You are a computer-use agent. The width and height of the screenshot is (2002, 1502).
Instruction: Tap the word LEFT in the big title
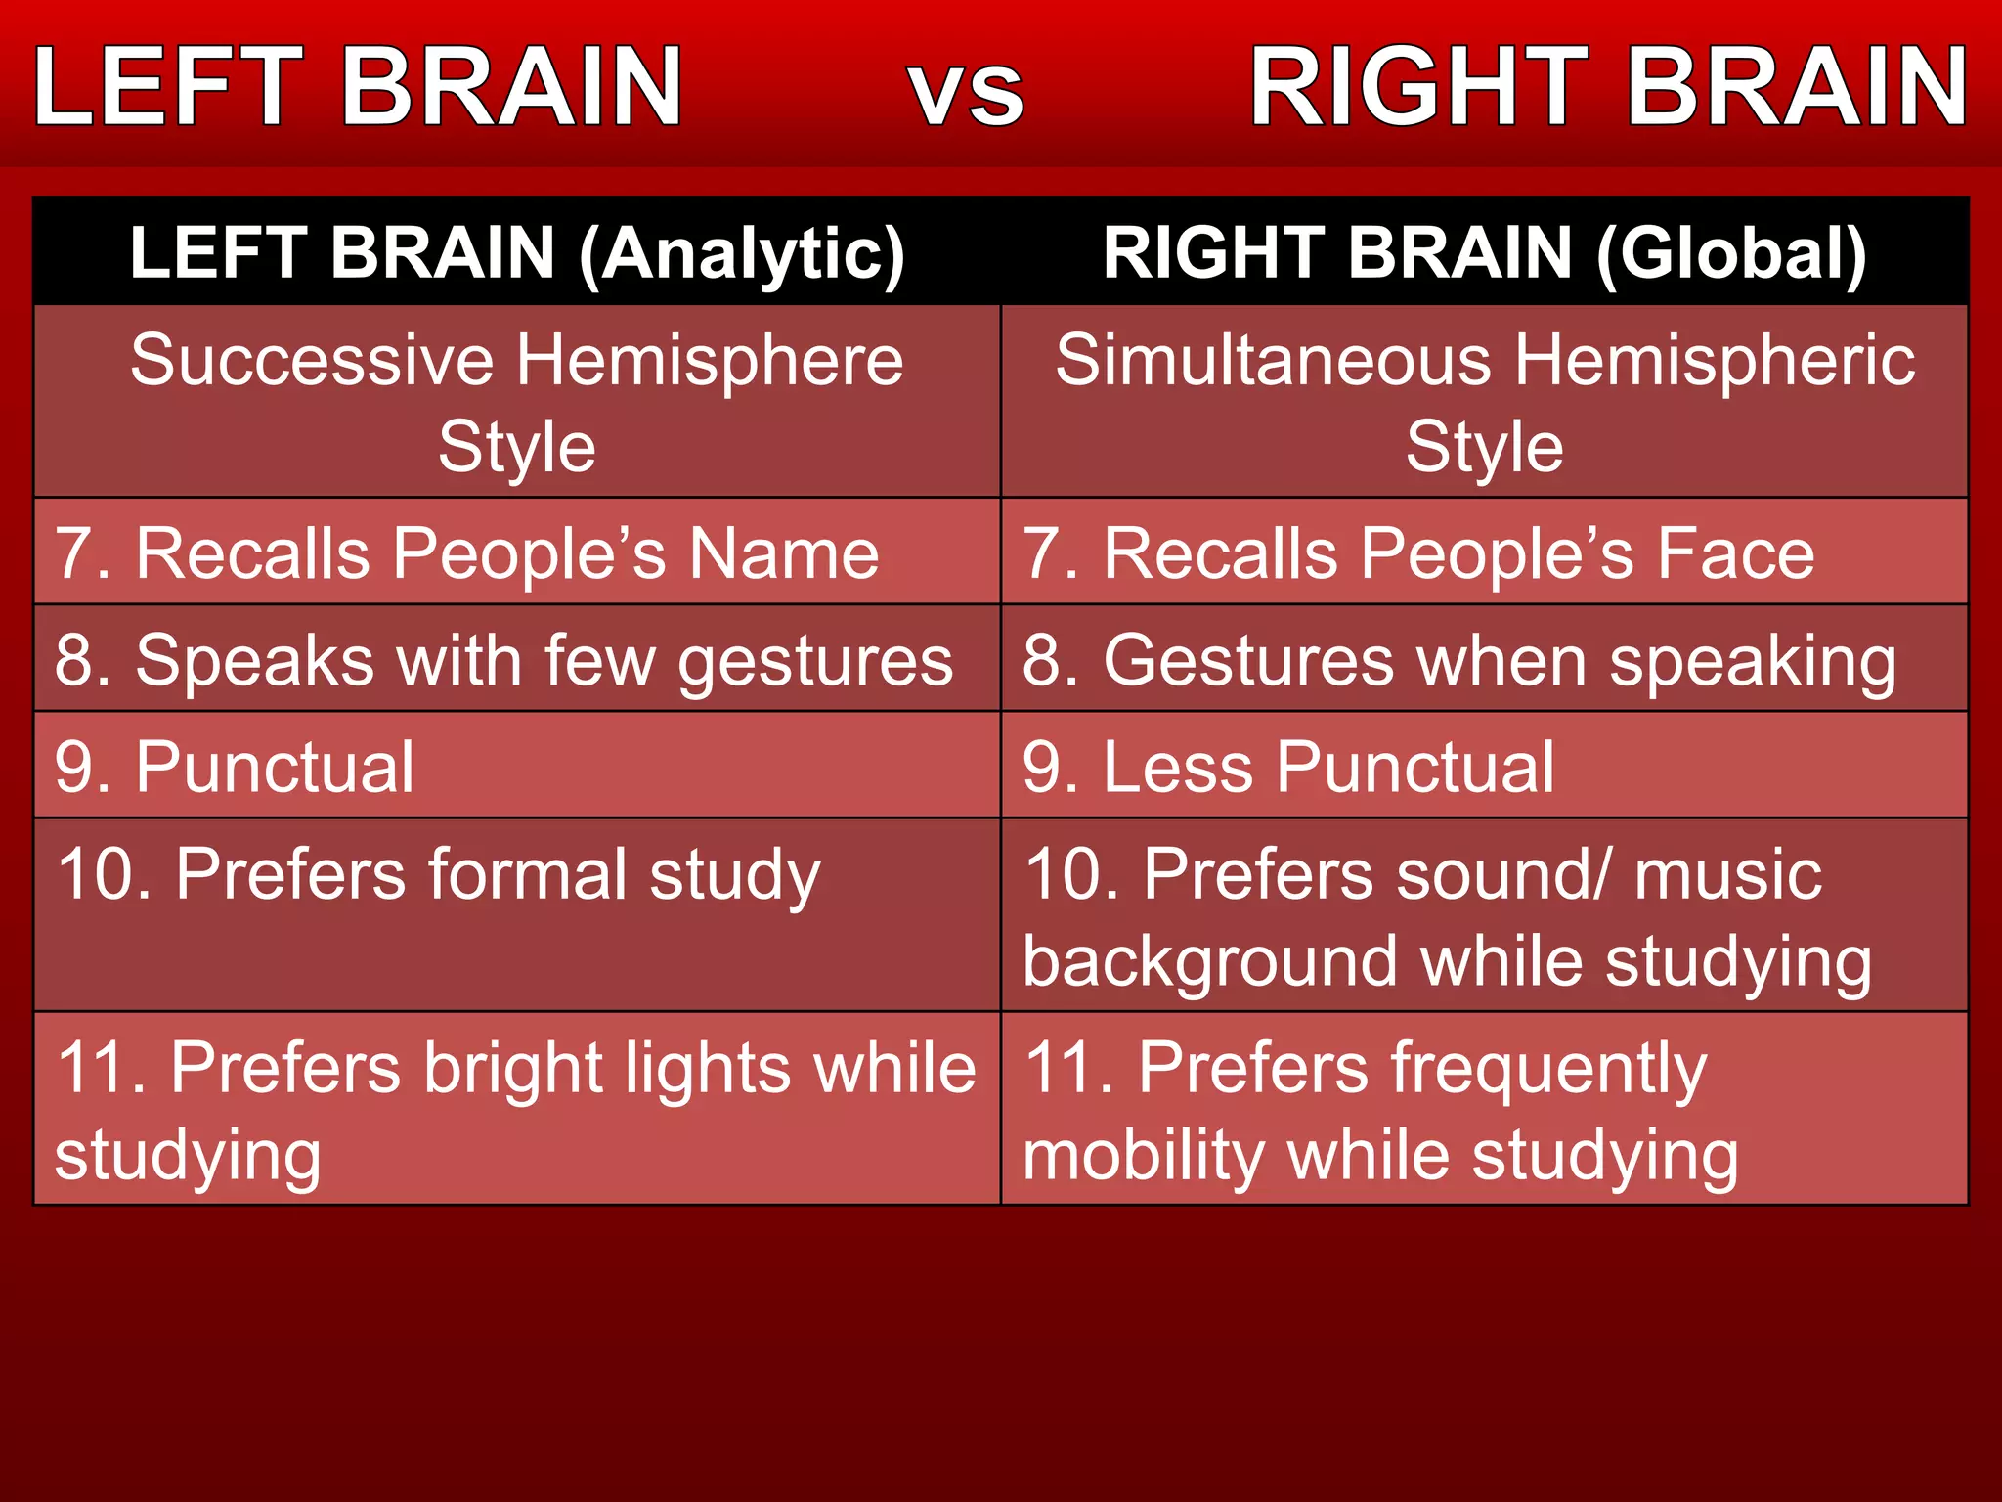click(x=167, y=88)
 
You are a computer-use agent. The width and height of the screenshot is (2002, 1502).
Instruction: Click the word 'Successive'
click(x=312, y=360)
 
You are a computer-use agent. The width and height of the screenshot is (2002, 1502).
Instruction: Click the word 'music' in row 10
click(x=1727, y=873)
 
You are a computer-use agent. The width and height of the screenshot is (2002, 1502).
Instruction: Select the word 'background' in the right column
click(x=1210, y=962)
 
